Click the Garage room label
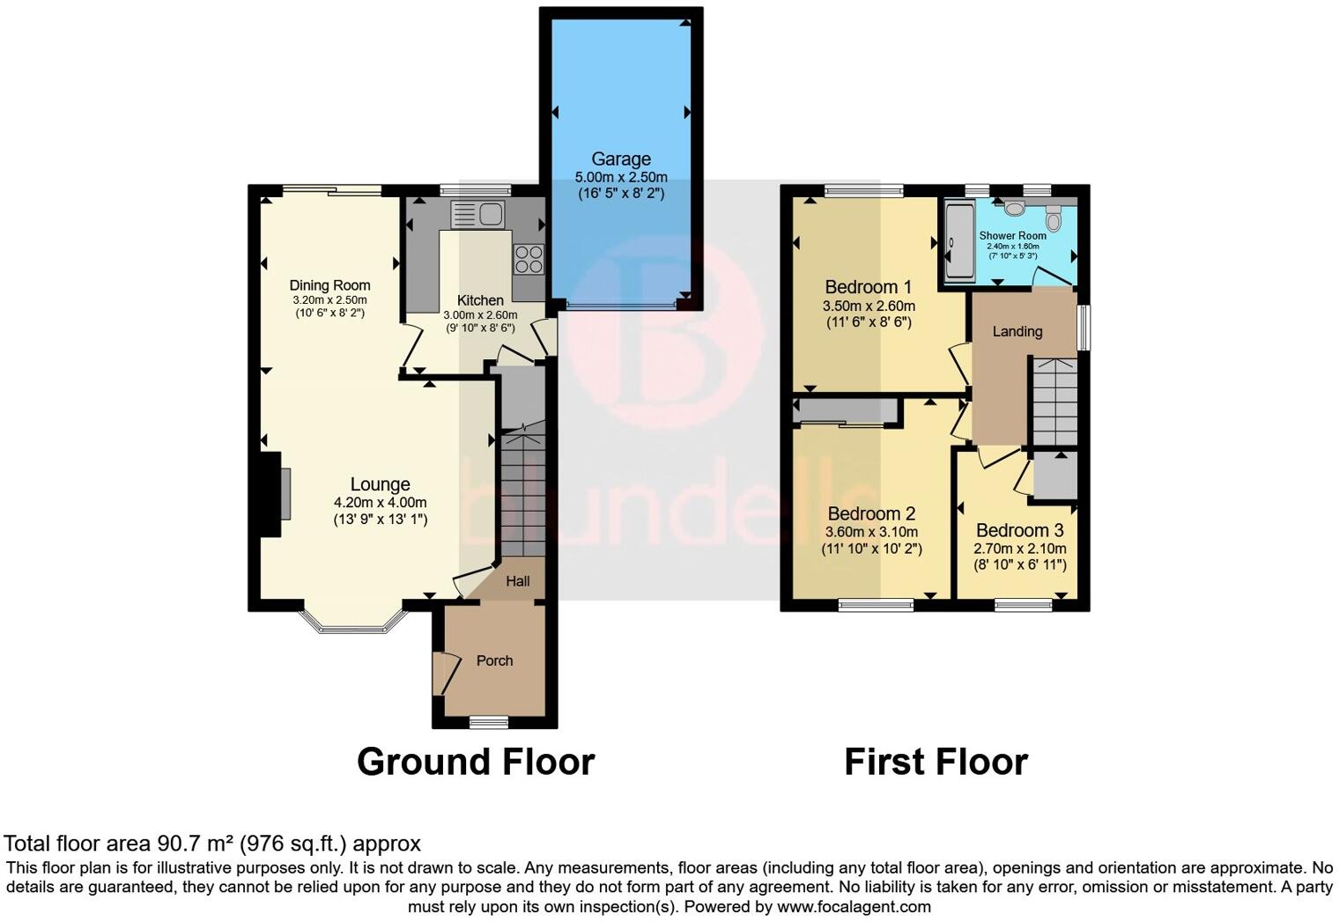621,159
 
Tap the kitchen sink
476,214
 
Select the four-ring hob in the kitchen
529,259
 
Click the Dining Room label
330,285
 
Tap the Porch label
494,660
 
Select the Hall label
518,581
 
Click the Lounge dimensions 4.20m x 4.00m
380,503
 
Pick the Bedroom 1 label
868,287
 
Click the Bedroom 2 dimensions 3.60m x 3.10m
871,532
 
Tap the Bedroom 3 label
1019,530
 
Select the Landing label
1017,332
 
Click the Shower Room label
1013,236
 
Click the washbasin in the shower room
1014,208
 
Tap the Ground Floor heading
476,762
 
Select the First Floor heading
936,762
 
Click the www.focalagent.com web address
854,906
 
